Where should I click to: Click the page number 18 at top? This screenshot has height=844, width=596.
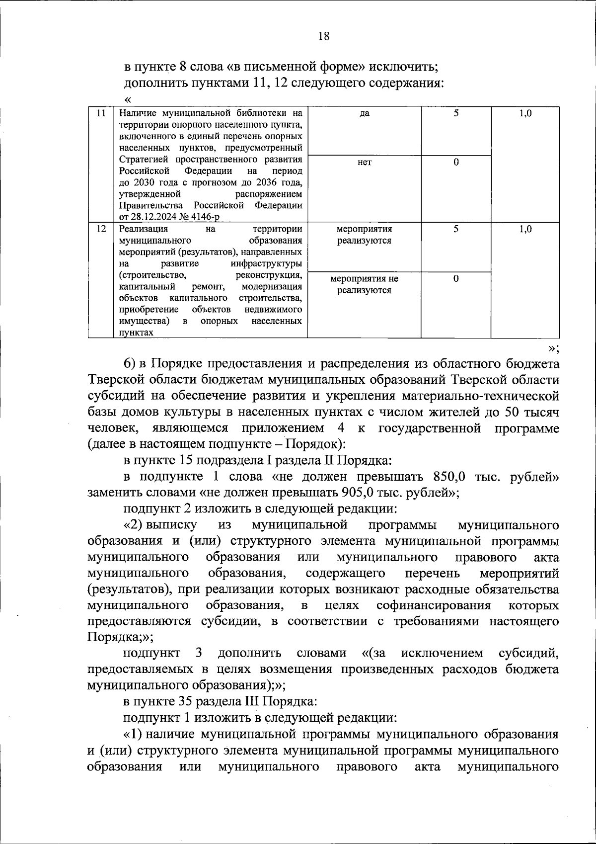[323, 36]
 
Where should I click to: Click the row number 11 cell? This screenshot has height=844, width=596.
[101, 113]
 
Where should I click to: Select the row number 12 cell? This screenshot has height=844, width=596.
[101, 229]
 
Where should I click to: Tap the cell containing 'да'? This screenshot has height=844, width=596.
[364, 113]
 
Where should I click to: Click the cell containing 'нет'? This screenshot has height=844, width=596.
[364, 163]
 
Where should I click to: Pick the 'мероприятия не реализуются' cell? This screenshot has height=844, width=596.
[364, 285]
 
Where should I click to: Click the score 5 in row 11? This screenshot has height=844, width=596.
[455, 113]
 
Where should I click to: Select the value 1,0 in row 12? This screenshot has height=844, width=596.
[525, 229]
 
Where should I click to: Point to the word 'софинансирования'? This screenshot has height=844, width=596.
[434, 605]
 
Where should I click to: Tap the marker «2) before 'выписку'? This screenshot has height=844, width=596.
[133, 525]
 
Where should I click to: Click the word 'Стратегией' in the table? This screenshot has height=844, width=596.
[144, 160]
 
